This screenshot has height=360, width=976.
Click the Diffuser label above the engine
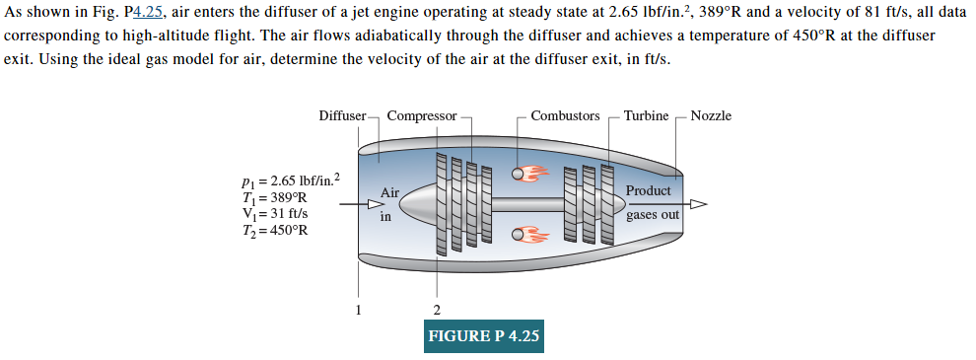click(342, 116)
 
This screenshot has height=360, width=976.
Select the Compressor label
click(422, 116)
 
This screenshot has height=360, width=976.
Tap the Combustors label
click(565, 116)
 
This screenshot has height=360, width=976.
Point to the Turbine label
click(646, 116)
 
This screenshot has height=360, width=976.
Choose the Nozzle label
click(711, 116)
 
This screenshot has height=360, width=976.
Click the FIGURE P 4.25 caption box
click(484, 336)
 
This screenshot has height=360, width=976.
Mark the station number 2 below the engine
click(437, 311)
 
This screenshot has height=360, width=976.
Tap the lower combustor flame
click(533, 235)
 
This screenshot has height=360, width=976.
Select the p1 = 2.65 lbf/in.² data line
click(290, 180)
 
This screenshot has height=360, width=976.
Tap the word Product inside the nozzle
click(648, 190)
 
